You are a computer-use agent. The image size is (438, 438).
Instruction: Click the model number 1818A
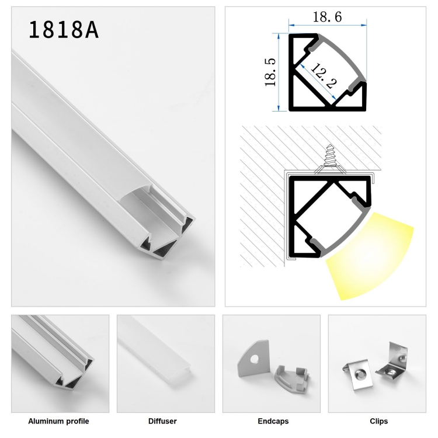[64, 30]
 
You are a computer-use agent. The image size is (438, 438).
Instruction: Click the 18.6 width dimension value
[327, 17]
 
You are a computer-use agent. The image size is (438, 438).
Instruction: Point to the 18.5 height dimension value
[270, 72]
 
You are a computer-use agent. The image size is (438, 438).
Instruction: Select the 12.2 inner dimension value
[324, 76]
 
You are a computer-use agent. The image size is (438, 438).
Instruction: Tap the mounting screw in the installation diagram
[330, 158]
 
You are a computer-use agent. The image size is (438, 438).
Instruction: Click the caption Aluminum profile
[58, 421]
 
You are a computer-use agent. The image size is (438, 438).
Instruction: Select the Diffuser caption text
[162, 421]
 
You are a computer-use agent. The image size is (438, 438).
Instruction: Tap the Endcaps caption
[273, 421]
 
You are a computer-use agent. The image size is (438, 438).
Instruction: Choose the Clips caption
[379, 421]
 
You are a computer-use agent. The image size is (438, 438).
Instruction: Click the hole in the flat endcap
[254, 359]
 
